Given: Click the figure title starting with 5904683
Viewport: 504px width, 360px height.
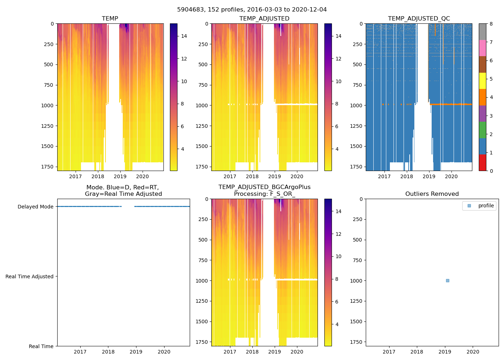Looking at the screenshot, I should click(x=252, y=10).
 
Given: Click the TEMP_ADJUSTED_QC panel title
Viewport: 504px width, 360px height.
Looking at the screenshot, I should click(x=419, y=19).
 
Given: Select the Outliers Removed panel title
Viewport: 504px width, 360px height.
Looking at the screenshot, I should click(x=432, y=194).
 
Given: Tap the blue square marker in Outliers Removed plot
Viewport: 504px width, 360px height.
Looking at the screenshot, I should click(x=447, y=280).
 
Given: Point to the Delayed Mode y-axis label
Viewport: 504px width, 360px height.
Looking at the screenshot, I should click(x=35, y=207).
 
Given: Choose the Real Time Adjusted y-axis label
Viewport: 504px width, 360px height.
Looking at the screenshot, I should click(x=29, y=276).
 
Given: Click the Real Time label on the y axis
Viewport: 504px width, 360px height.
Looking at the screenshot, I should click(x=41, y=346).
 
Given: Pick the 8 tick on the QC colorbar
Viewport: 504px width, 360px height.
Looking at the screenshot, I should click(x=491, y=24).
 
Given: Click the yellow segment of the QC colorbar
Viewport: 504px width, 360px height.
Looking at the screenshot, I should click(x=482, y=81).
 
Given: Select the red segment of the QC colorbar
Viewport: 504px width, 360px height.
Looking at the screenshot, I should click(x=482, y=162).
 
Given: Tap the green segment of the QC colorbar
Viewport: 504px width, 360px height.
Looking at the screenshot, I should click(x=482, y=130).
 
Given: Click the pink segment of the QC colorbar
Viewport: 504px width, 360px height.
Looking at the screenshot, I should click(x=482, y=48).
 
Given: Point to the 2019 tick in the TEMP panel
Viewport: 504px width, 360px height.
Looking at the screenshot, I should click(x=120, y=176).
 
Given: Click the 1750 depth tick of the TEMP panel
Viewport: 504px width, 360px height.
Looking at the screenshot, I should click(x=47, y=167).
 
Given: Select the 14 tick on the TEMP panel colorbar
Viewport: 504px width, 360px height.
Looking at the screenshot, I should click(x=184, y=36).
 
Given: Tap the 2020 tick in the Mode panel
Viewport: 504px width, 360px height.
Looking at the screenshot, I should click(x=164, y=352).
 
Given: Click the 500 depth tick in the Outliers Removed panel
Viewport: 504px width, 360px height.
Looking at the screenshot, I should click(x=357, y=240).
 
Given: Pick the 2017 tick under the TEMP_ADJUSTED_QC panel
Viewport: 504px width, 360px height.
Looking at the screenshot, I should click(x=384, y=176).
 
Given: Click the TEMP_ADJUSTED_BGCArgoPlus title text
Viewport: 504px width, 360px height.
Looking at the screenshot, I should click(x=264, y=187).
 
